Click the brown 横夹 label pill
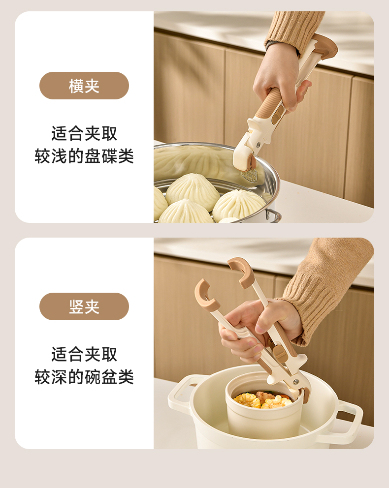(x=84, y=86)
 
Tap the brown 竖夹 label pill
(x=84, y=306)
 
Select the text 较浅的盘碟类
(x=84, y=156)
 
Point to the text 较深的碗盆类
(x=84, y=377)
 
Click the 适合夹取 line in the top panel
(x=84, y=134)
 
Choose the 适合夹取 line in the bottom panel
(x=84, y=355)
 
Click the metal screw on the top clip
(x=258, y=145)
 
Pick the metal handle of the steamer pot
(x=273, y=215)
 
